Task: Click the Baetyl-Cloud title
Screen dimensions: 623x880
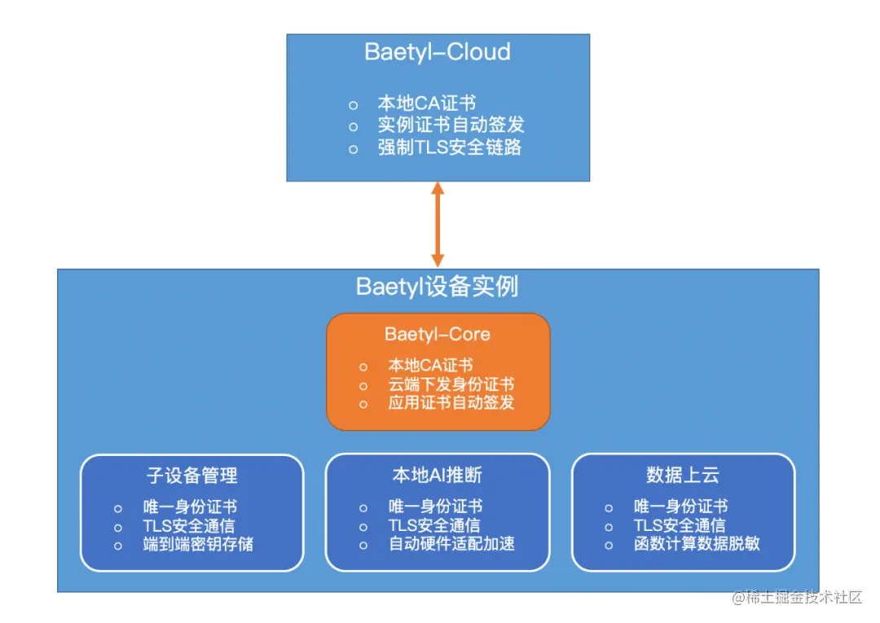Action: tap(438, 52)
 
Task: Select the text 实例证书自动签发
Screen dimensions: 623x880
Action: tap(451, 125)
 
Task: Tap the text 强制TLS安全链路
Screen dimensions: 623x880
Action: tap(449, 147)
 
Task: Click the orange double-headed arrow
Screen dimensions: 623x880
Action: tap(438, 224)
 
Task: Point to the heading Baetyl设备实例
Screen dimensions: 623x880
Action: tap(438, 287)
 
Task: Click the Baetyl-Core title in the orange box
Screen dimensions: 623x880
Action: tap(438, 335)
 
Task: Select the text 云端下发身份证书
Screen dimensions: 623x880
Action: tap(451, 384)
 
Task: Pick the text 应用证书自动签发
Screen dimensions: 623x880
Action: tap(451, 402)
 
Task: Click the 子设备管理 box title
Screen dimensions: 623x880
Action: tap(192, 475)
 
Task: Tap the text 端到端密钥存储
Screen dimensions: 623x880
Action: tap(198, 544)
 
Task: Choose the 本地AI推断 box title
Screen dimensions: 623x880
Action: tap(438, 475)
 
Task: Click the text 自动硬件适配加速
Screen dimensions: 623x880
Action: tap(451, 544)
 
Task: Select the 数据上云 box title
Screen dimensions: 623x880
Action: tap(683, 475)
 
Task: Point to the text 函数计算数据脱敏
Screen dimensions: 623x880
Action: tap(697, 544)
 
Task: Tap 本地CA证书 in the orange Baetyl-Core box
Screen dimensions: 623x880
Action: tap(430, 366)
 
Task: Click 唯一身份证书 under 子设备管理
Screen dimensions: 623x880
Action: tap(190, 507)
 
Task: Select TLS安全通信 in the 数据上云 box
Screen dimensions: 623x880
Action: tap(680, 525)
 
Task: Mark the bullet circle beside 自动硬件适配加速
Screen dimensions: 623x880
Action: tap(363, 545)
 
